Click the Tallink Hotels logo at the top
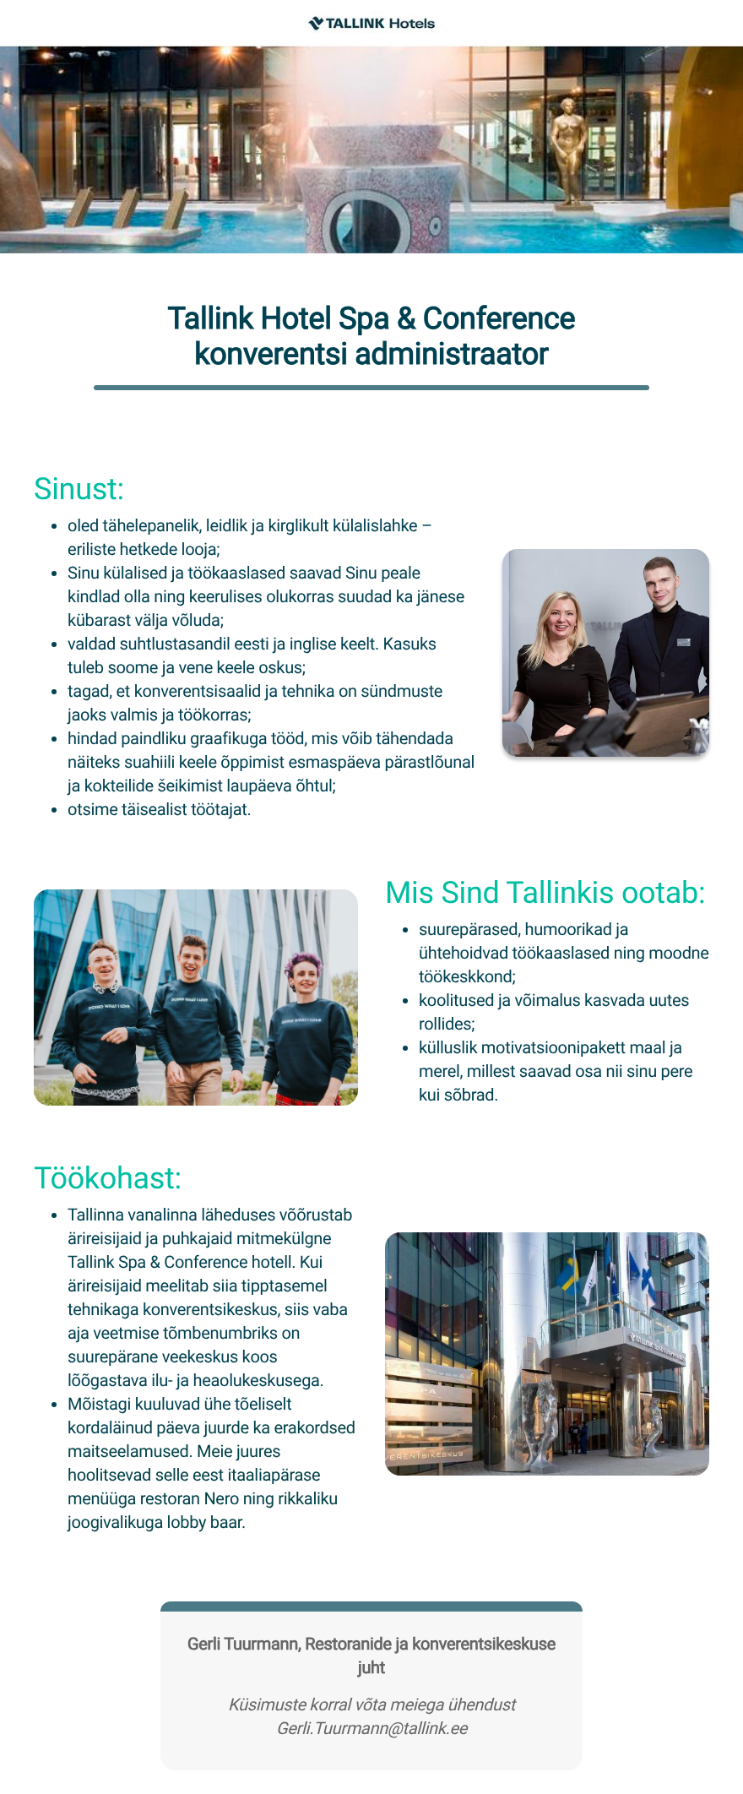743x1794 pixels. tap(371, 24)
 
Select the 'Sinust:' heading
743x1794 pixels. tap(79, 489)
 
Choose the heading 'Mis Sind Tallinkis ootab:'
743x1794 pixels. tap(545, 893)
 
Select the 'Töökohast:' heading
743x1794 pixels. tap(107, 1178)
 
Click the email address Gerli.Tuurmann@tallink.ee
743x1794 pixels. tap(371, 1728)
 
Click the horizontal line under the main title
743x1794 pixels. tap(371, 388)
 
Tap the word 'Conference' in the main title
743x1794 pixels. tap(498, 318)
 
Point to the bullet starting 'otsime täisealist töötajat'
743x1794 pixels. tap(159, 810)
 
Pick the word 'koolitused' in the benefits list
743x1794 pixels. tap(456, 1001)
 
